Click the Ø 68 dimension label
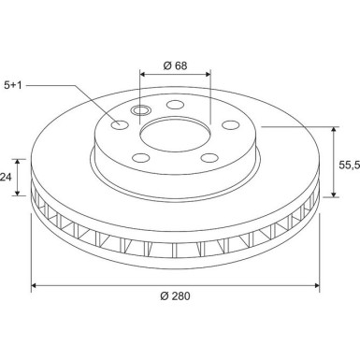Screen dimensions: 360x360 click(x=176, y=65)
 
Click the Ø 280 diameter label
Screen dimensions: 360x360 click(x=176, y=296)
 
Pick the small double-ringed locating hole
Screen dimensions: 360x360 click(x=142, y=111)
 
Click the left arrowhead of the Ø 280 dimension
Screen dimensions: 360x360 click(x=35, y=283)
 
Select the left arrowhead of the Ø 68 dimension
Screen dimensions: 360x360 click(x=143, y=72)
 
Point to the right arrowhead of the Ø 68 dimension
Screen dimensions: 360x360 click(x=209, y=72)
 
